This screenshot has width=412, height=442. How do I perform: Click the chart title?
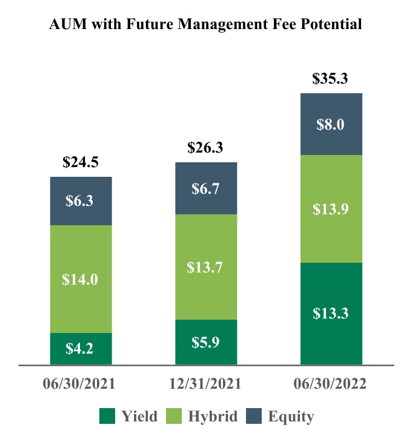tap(206, 24)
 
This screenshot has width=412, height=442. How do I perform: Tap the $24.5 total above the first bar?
tap(81, 162)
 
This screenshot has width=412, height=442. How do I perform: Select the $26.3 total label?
tap(206, 148)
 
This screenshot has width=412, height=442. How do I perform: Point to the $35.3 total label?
tap(331, 79)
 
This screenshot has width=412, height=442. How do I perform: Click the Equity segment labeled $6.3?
tap(81, 201)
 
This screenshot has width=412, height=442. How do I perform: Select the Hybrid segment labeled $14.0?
tap(81, 279)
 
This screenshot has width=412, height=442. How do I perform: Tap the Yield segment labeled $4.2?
tap(81, 349)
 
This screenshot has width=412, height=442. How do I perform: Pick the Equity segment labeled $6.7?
tap(206, 188)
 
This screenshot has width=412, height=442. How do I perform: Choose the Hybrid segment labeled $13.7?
tap(206, 267)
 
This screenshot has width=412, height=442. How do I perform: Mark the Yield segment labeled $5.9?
tap(206, 342)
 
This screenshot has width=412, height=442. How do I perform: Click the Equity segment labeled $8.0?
tap(331, 124)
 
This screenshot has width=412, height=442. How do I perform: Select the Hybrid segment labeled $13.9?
tap(331, 209)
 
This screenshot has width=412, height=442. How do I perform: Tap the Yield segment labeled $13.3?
tap(331, 314)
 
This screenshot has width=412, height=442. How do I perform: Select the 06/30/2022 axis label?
tap(331, 384)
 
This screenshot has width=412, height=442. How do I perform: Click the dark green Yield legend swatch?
tap(107, 417)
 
